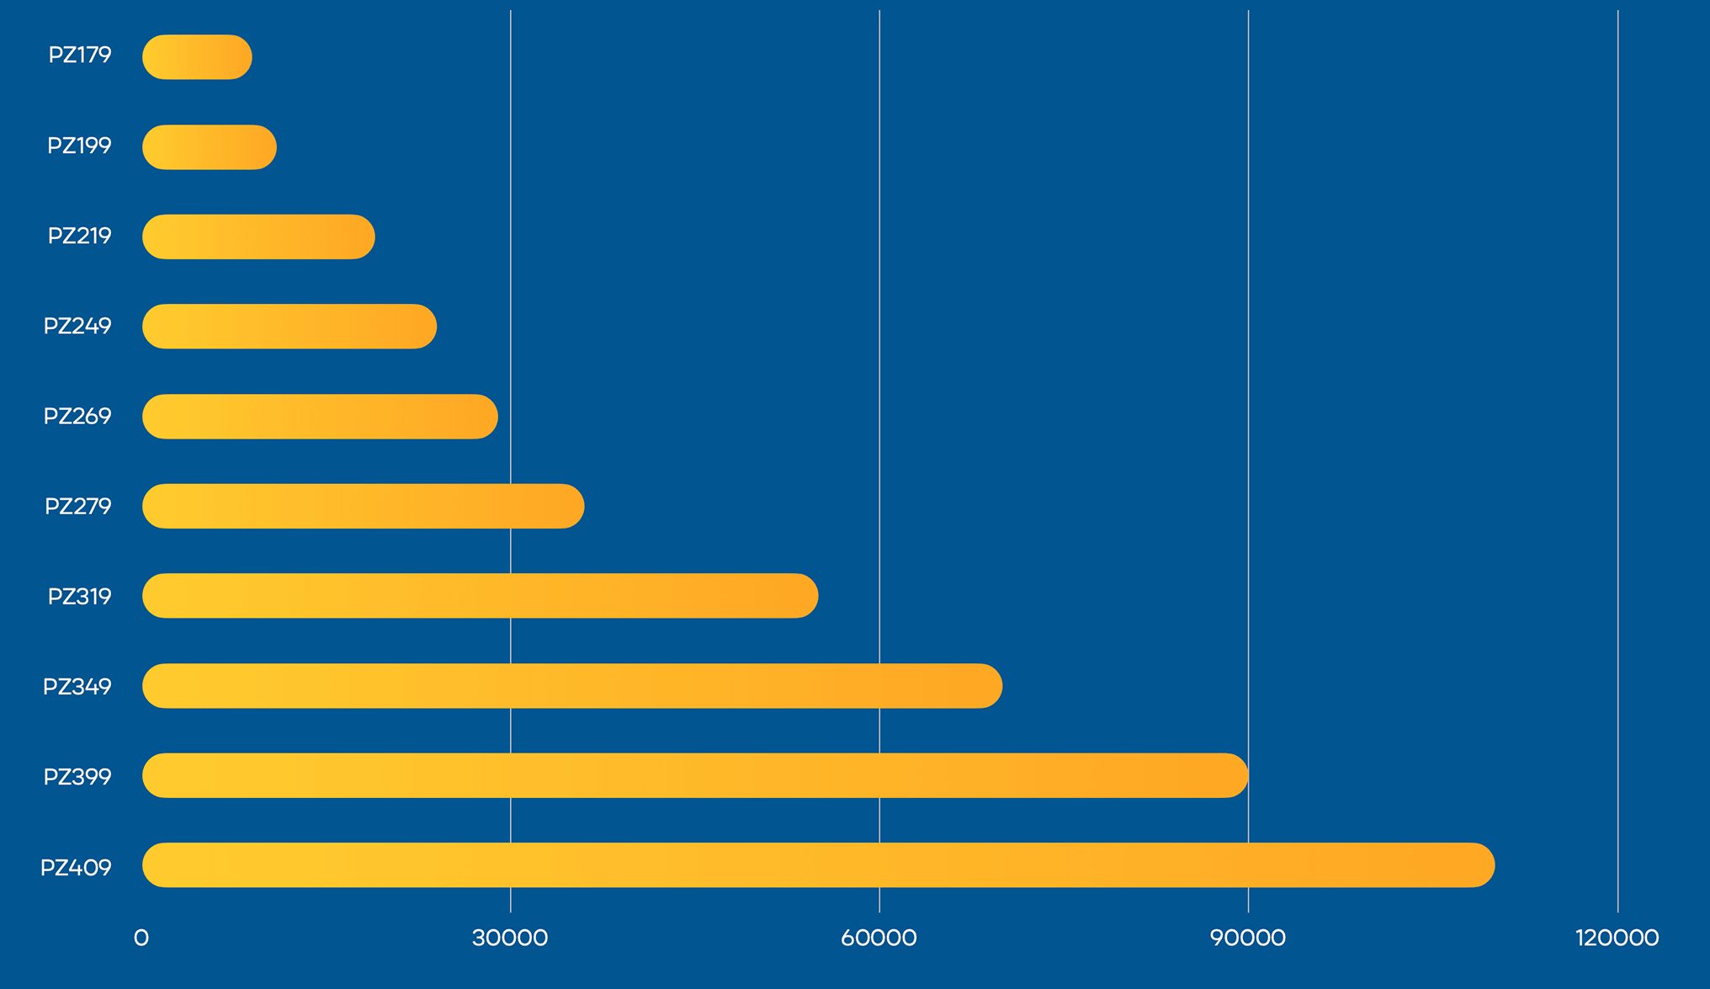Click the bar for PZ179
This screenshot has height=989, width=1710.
(x=197, y=57)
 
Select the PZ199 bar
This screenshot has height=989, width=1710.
(x=209, y=147)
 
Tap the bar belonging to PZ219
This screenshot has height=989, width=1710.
(x=258, y=237)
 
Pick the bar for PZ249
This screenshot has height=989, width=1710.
(x=289, y=327)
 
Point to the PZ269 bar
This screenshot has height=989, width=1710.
(x=320, y=417)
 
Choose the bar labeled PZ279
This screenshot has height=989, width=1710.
(x=363, y=506)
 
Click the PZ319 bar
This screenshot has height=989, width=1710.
(x=480, y=596)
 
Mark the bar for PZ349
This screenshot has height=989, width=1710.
(x=572, y=686)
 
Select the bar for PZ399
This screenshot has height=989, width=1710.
(x=695, y=775)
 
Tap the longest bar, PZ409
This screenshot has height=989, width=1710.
(x=818, y=865)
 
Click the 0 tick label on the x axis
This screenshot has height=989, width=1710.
(x=141, y=938)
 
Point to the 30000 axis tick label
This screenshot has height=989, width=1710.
(x=510, y=938)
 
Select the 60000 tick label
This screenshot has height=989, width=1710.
(x=879, y=938)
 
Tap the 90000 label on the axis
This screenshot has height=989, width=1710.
(x=1248, y=938)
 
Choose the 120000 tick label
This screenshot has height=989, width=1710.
(x=1617, y=938)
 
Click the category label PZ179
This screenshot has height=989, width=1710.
(x=80, y=56)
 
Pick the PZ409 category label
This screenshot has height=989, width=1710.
(x=76, y=868)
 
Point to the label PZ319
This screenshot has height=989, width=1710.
(x=80, y=597)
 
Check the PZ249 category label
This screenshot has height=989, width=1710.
(x=77, y=327)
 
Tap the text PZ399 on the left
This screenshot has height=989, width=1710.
(x=77, y=777)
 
